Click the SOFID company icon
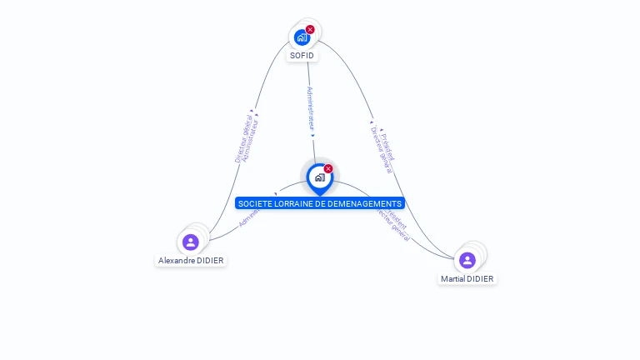[302, 37]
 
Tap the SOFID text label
[302, 56]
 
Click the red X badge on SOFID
[310, 29]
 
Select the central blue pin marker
[319, 177]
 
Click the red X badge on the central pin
[328, 168]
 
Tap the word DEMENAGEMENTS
[370, 203]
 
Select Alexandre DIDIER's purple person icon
[191, 242]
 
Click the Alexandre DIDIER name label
[191, 260]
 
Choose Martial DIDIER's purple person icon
[467, 261]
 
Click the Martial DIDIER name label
[467, 278]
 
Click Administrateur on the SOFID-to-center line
[310, 108]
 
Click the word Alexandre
[177, 260]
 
